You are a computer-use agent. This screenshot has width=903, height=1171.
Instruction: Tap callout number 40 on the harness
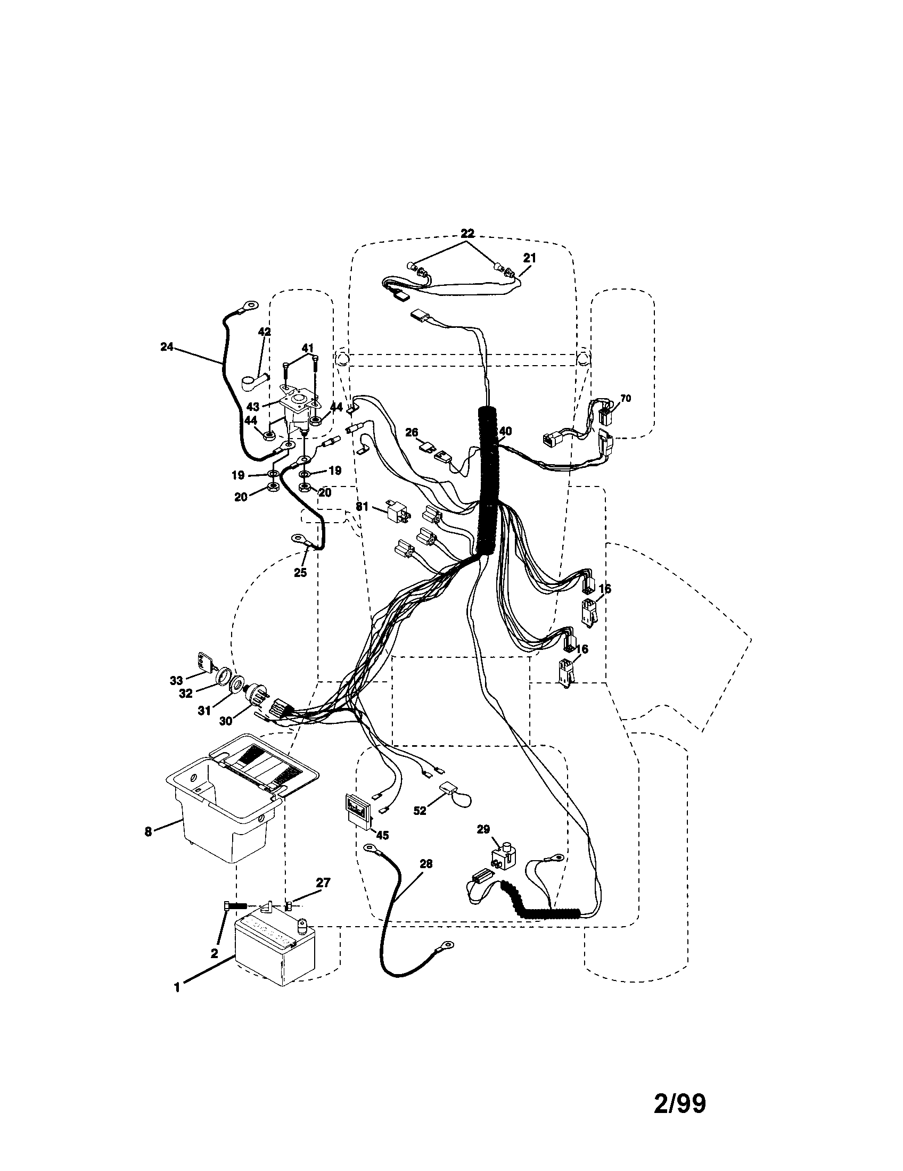tap(505, 431)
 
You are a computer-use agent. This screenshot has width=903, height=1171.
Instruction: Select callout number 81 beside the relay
tap(363, 506)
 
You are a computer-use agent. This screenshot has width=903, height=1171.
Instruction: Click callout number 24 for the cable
tap(167, 347)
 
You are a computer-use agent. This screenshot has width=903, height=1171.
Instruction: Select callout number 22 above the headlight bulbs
tap(467, 234)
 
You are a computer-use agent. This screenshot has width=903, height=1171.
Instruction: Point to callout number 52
tap(420, 826)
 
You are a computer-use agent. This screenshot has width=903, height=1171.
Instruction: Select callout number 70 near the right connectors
tap(625, 398)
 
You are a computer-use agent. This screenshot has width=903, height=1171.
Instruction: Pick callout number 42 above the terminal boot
tap(265, 332)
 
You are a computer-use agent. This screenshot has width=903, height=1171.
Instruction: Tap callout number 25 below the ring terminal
tap(300, 573)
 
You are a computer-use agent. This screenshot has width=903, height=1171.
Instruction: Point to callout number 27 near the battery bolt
tap(323, 882)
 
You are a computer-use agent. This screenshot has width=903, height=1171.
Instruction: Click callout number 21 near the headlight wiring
tap(529, 258)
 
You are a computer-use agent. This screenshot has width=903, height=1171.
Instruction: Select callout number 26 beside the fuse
tap(411, 432)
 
